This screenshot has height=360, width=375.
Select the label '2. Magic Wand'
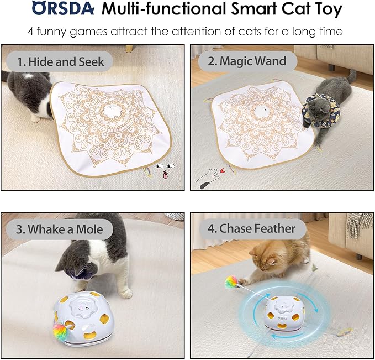(246, 61)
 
